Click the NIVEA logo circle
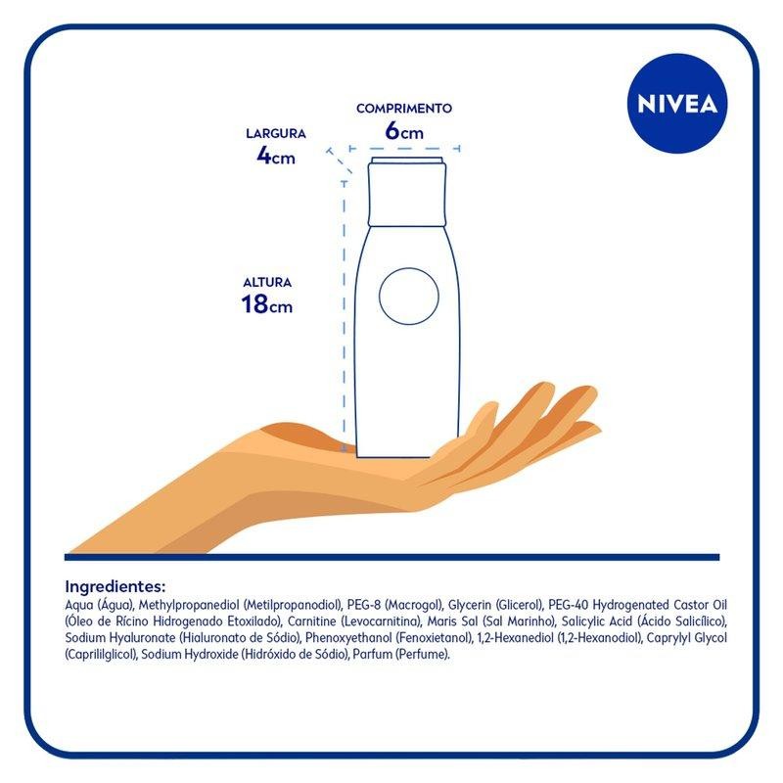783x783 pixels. [676, 104]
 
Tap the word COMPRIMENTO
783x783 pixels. [404, 109]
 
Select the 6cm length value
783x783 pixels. [404, 131]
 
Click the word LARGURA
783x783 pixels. [276, 133]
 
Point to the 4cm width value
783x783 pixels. [276, 156]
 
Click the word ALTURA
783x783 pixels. [267, 282]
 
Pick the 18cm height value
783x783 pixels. [266, 304]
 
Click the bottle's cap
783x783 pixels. [406, 192]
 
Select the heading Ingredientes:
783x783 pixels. [115, 585]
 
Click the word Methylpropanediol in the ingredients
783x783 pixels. [190, 606]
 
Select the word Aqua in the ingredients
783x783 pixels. [79, 606]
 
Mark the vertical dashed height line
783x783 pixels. [345, 315]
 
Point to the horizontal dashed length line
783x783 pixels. [404, 149]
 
